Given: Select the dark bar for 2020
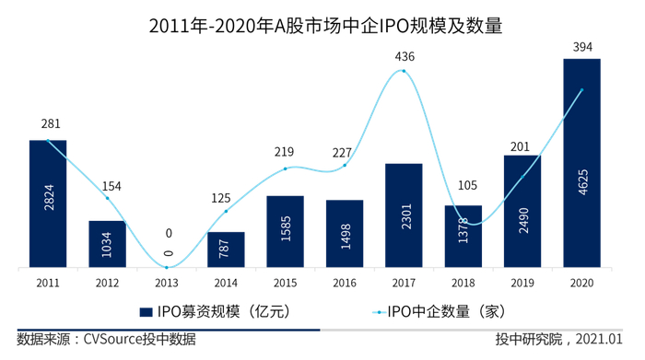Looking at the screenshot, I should pos(581,164).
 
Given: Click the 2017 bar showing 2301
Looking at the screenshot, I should pos(404,215).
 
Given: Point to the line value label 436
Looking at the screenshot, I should pos(405,57).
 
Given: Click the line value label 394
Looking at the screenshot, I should pos(581,45).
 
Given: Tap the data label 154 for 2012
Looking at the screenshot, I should pos(108,186).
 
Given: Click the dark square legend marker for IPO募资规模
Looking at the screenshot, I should pos(146,312).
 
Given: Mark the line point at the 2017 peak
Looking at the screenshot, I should pos(404,71).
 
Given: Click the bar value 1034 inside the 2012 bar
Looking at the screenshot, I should pos(108,245).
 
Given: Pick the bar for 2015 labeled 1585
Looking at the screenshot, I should pos(286,232).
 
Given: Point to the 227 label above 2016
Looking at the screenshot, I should pos(345,153).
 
